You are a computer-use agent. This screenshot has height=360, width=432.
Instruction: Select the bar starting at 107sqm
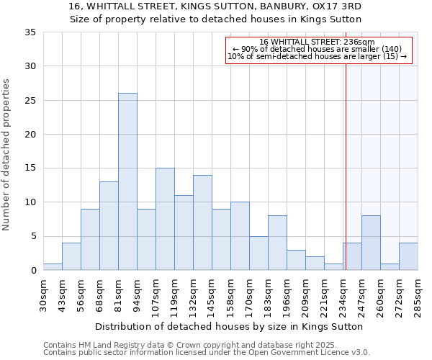click(165, 219)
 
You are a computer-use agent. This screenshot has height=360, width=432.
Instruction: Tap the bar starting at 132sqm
click(202, 222)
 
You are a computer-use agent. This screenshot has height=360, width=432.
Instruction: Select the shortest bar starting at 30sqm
click(53, 266)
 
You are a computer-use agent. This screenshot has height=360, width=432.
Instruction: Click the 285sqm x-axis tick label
click(418, 294)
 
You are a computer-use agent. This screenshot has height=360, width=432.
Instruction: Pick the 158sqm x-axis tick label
click(231, 294)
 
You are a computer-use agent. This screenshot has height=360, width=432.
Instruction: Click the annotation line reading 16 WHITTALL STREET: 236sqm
click(318, 42)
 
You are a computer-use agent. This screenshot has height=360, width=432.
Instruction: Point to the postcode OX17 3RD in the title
click(337, 6)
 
